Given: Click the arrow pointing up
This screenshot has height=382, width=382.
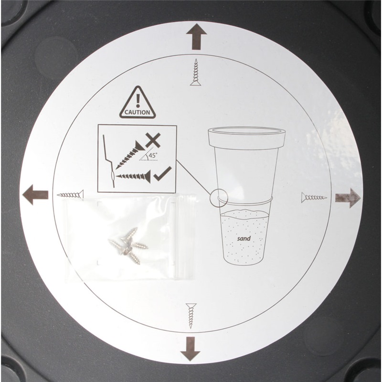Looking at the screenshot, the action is [x=196, y=37].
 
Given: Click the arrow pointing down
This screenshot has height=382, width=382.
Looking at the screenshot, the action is [x=191, y=349].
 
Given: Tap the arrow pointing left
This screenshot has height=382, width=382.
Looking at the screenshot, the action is [x=35, y=195].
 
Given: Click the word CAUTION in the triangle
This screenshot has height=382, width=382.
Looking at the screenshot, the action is [x=138, y=112].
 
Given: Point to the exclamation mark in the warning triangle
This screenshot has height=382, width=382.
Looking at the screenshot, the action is [x=138, y=100].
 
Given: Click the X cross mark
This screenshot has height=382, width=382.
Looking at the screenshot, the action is [x=153, y=140].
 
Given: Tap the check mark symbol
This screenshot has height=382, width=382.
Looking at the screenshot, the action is [x=162, y=173].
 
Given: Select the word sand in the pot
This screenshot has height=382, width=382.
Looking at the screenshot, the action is [x=244, y=238].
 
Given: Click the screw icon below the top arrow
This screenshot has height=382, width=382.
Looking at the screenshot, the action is [x=196, y=73].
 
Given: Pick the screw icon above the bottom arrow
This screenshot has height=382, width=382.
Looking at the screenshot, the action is [x=191, y=316].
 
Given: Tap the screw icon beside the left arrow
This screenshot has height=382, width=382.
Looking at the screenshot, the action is [x=70, y=195].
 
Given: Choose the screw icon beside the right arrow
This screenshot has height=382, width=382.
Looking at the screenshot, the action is [x=314, y=197].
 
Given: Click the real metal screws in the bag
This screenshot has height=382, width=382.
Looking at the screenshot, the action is [x=128, y=245].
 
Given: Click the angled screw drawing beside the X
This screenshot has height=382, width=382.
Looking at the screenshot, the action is [x=129, y=155].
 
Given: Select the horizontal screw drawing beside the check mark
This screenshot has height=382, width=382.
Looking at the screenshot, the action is [x=133, y=176].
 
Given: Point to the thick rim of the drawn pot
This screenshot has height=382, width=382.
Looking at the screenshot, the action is [x=246, y=138].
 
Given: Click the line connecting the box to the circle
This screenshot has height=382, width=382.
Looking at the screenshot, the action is [x=193, y=177].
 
